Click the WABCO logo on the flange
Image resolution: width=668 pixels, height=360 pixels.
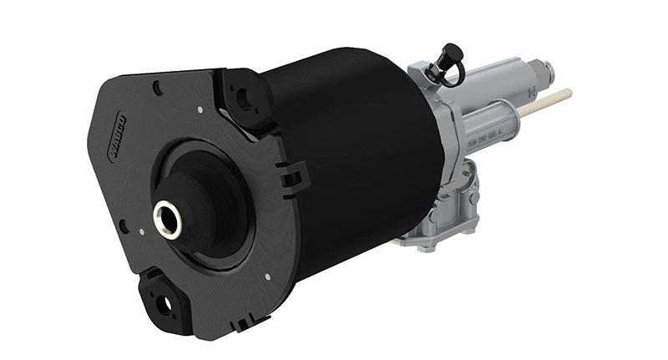pos(112,133)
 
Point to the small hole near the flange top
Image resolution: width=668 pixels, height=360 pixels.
pos(157,84)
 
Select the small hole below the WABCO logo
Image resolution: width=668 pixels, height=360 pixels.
pos(124,226)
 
